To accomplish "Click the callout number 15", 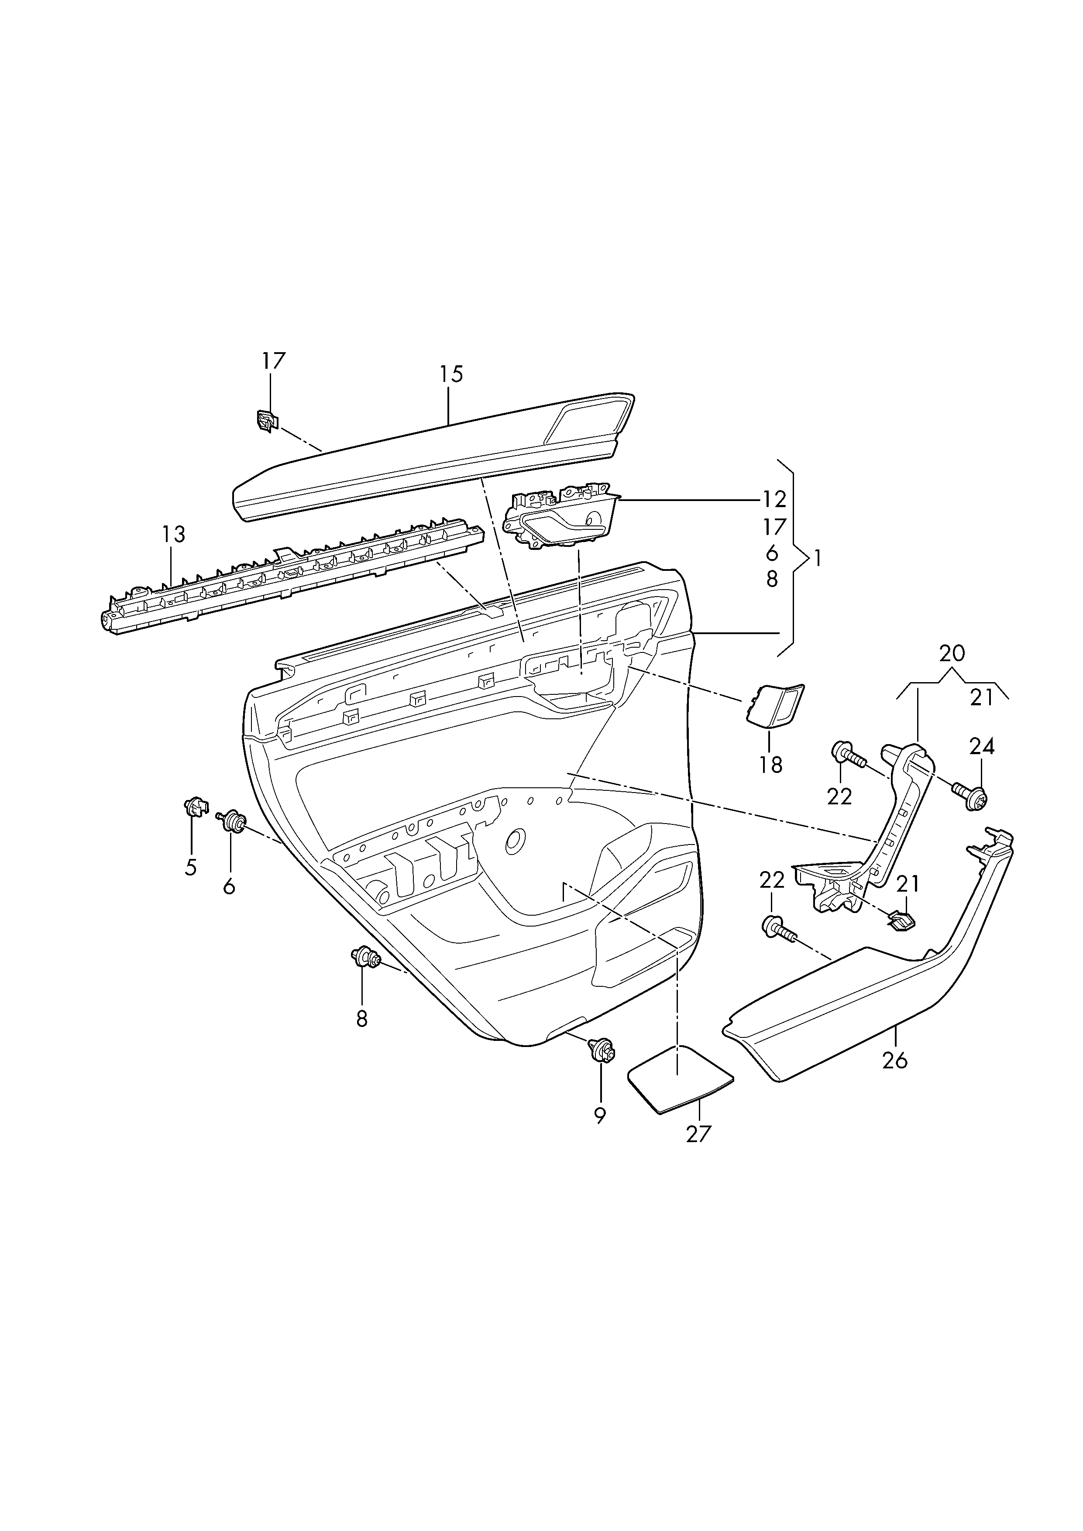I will coord(451,375).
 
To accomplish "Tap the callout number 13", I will coord(173,535).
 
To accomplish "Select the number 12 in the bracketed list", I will coord(774,499).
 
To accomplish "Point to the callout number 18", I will coord(770,765).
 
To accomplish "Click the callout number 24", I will coord(982,746).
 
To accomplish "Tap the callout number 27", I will coord(699,1133).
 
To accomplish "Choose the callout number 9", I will coord(600,1116).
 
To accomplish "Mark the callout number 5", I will coord(191,868).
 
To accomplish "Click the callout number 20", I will coord(951,653).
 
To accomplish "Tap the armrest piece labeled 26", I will coord(867,1000).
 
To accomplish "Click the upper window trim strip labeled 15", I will coord(433,460).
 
